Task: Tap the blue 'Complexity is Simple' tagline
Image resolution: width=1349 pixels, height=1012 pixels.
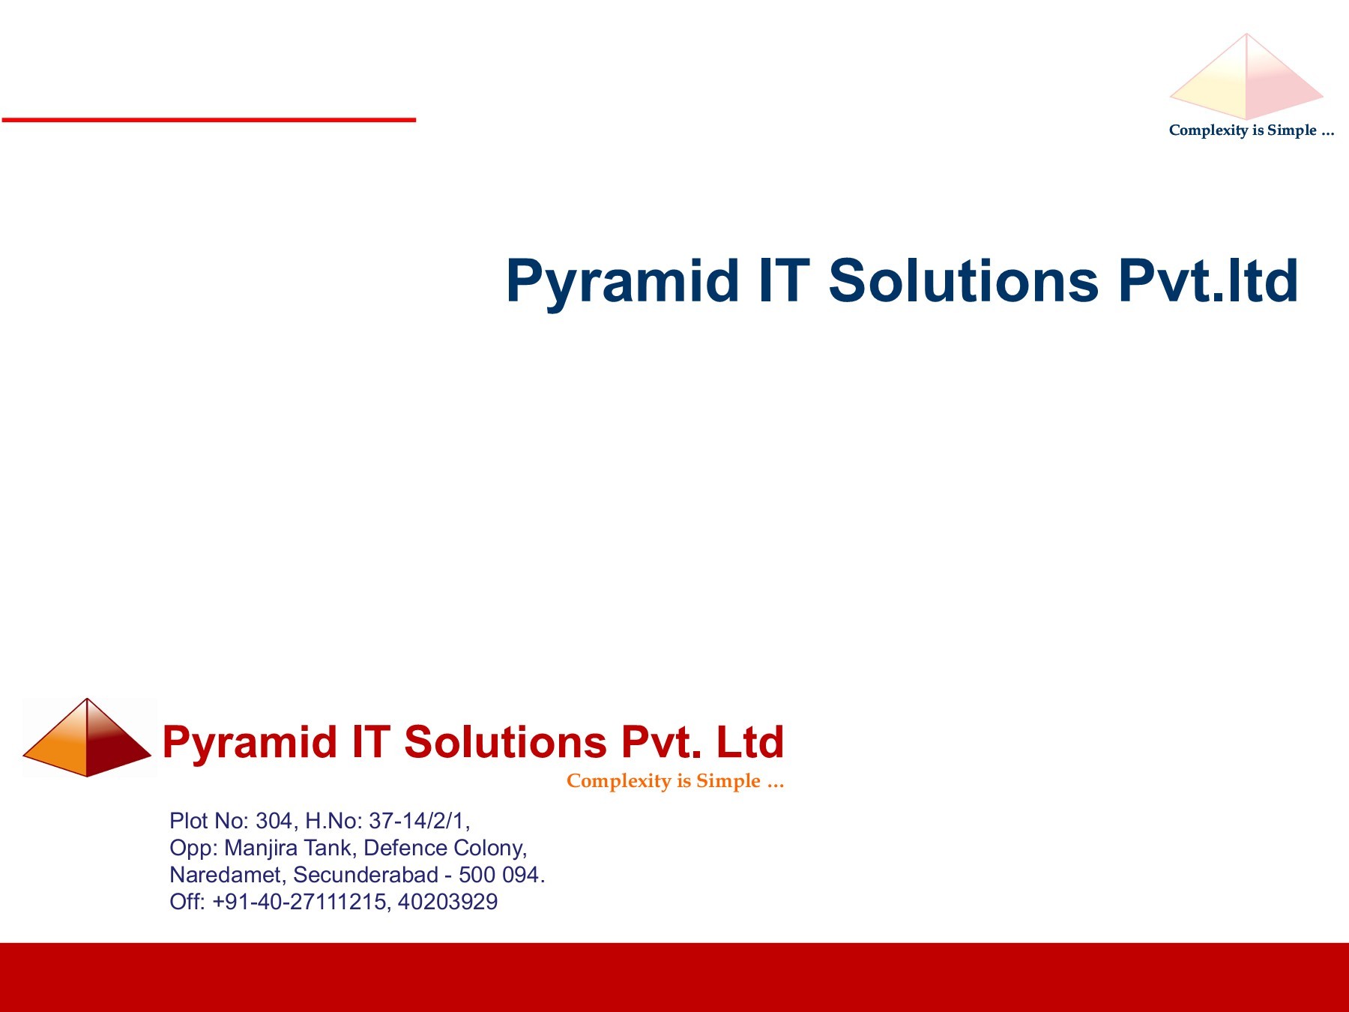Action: [x=1251, y=130]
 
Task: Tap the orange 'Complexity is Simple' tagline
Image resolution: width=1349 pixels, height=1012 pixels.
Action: [x=674, y=781]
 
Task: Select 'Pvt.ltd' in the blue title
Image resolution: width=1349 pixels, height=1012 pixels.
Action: [x=1208, y=282]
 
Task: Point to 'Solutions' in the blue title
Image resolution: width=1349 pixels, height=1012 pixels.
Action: [x=963, y=282]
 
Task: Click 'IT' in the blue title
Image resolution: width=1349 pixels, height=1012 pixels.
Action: [x=784, y=282]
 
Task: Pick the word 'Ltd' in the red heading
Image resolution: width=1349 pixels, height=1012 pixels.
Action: [x=749, y=743]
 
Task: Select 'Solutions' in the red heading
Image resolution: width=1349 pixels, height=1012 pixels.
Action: [x=504, y=743]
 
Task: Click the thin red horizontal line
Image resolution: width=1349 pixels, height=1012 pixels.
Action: [x=208, y=119]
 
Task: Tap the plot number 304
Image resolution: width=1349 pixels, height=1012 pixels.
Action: [x=274, y=821]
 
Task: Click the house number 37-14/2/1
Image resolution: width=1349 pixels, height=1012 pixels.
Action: [x=417, y=821]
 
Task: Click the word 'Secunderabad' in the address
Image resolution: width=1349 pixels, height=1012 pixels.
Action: [x=366, y=875]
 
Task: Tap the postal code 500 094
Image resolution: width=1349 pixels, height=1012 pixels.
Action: [x=499, y=875]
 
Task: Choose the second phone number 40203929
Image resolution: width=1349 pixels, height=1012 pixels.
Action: [x=447, y=902]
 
